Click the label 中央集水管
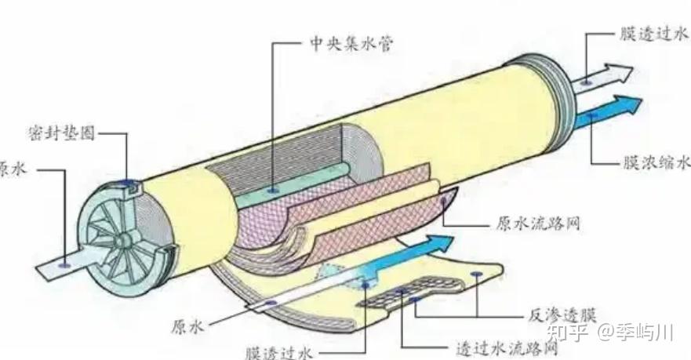tap(351, 44)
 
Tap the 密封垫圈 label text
tap(62, 133)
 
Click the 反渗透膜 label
tap(562, 316)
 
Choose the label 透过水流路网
tap(507, 348)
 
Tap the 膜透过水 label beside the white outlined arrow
tap(655, 34)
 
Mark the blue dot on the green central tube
tap(274, 191)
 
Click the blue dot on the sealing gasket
tap(129, 182)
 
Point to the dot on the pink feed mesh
tap(443, 202)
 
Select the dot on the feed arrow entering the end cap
tap(65, 266)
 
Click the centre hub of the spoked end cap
tap(123, 240)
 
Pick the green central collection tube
tap(291, 184)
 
